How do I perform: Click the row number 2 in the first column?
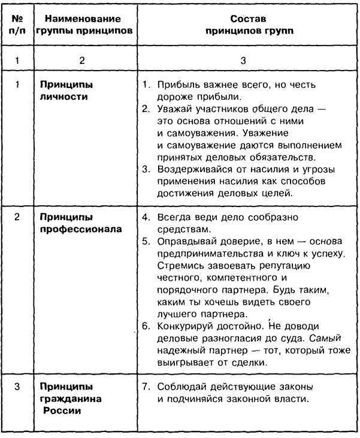tap(17, 217)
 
